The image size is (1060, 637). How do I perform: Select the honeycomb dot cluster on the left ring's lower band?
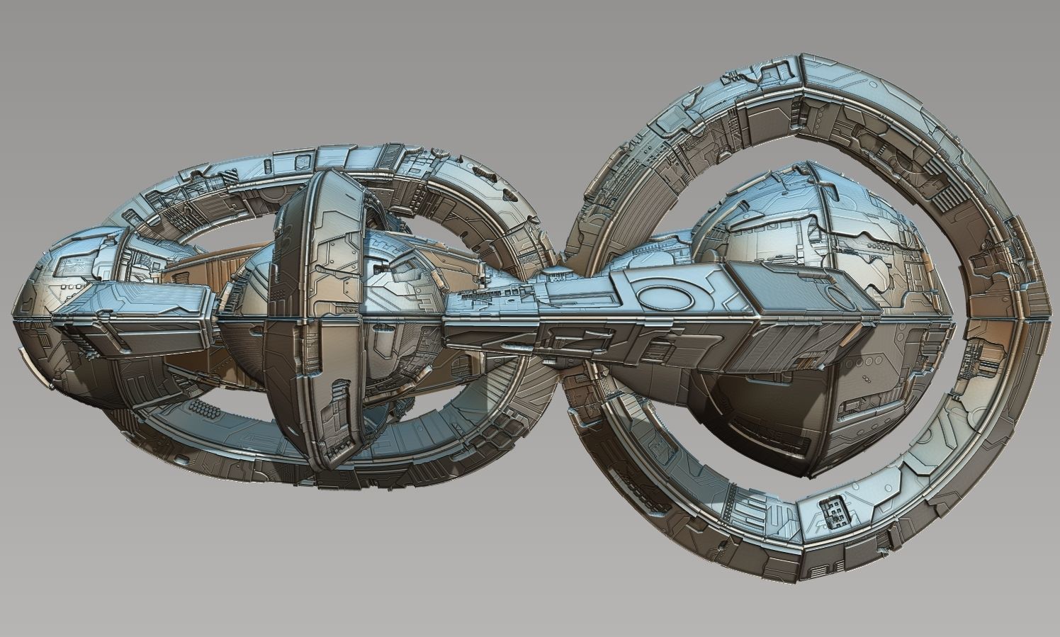pos(205,410)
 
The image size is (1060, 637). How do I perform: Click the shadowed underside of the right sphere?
pos(751,411)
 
